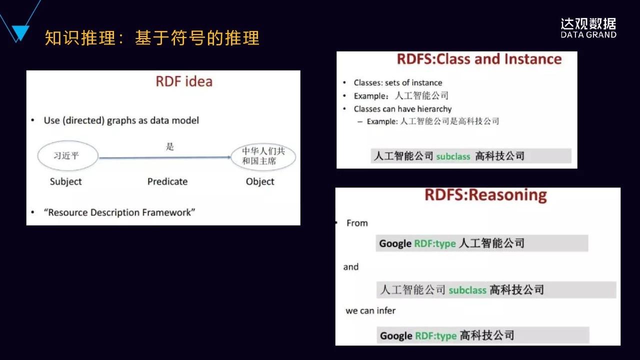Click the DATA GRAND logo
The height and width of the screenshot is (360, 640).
[588, 28]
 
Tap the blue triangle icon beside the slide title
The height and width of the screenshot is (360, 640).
[20, 33]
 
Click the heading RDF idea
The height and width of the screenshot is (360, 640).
[184, 81]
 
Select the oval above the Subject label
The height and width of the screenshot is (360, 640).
[67, 155]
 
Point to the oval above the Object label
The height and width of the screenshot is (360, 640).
[263, 156]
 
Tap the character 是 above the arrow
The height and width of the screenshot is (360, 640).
[169, 146]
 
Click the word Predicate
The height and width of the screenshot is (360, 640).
[167, 181]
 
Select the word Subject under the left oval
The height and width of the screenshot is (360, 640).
[65, 181]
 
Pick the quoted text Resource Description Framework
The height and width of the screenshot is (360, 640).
[119, 212]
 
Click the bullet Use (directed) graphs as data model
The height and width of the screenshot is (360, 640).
[121, 120]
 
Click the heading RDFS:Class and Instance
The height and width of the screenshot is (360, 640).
[479, 59]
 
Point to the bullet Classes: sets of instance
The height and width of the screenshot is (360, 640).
[397, 83]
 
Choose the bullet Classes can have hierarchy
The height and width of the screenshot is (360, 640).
[402, 109]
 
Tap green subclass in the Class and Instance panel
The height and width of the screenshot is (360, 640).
[453, 156]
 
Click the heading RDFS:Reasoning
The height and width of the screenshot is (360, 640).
[485, 195]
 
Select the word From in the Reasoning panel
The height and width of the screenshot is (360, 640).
[357, 223]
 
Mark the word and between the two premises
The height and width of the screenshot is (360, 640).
[351, 267]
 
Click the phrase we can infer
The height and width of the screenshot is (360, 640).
[370, 310]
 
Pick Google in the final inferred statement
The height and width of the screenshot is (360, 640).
[396, 335]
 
